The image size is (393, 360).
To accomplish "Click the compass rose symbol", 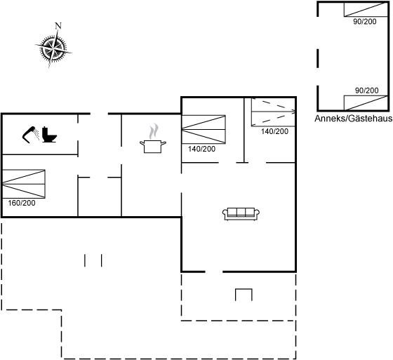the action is tap(53, 48).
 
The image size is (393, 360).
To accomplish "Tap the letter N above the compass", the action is tap(58, 25).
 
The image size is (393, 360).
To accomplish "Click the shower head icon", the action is tap(31, 134).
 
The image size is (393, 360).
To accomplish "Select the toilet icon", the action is tap(49, 135).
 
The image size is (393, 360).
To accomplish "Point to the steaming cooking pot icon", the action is tap(153, 139).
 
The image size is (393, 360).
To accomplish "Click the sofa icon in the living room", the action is tap(241, 214).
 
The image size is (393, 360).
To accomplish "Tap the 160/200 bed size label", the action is tap(22, 203).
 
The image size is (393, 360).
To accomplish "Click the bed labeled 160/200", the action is tap(24, 184).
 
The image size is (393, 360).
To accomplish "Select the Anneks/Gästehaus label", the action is tap(354, 119).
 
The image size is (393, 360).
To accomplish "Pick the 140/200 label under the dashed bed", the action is tap(274, 131).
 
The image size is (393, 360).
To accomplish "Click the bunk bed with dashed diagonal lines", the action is tap(274, 112).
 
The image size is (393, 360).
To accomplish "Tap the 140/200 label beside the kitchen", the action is tap(202, 149).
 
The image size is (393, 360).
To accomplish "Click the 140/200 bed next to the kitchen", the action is tap(204, 129).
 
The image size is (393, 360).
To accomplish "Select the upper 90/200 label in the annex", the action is tap(365, 22).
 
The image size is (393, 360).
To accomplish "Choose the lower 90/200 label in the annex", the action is tap(366, 91).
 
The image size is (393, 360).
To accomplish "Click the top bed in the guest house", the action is tap(366, 10).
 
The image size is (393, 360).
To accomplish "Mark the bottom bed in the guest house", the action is tap(366, 102).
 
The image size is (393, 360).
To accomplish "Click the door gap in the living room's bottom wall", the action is tap(214, 272).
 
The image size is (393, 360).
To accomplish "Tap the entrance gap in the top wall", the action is tap(99, 114).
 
